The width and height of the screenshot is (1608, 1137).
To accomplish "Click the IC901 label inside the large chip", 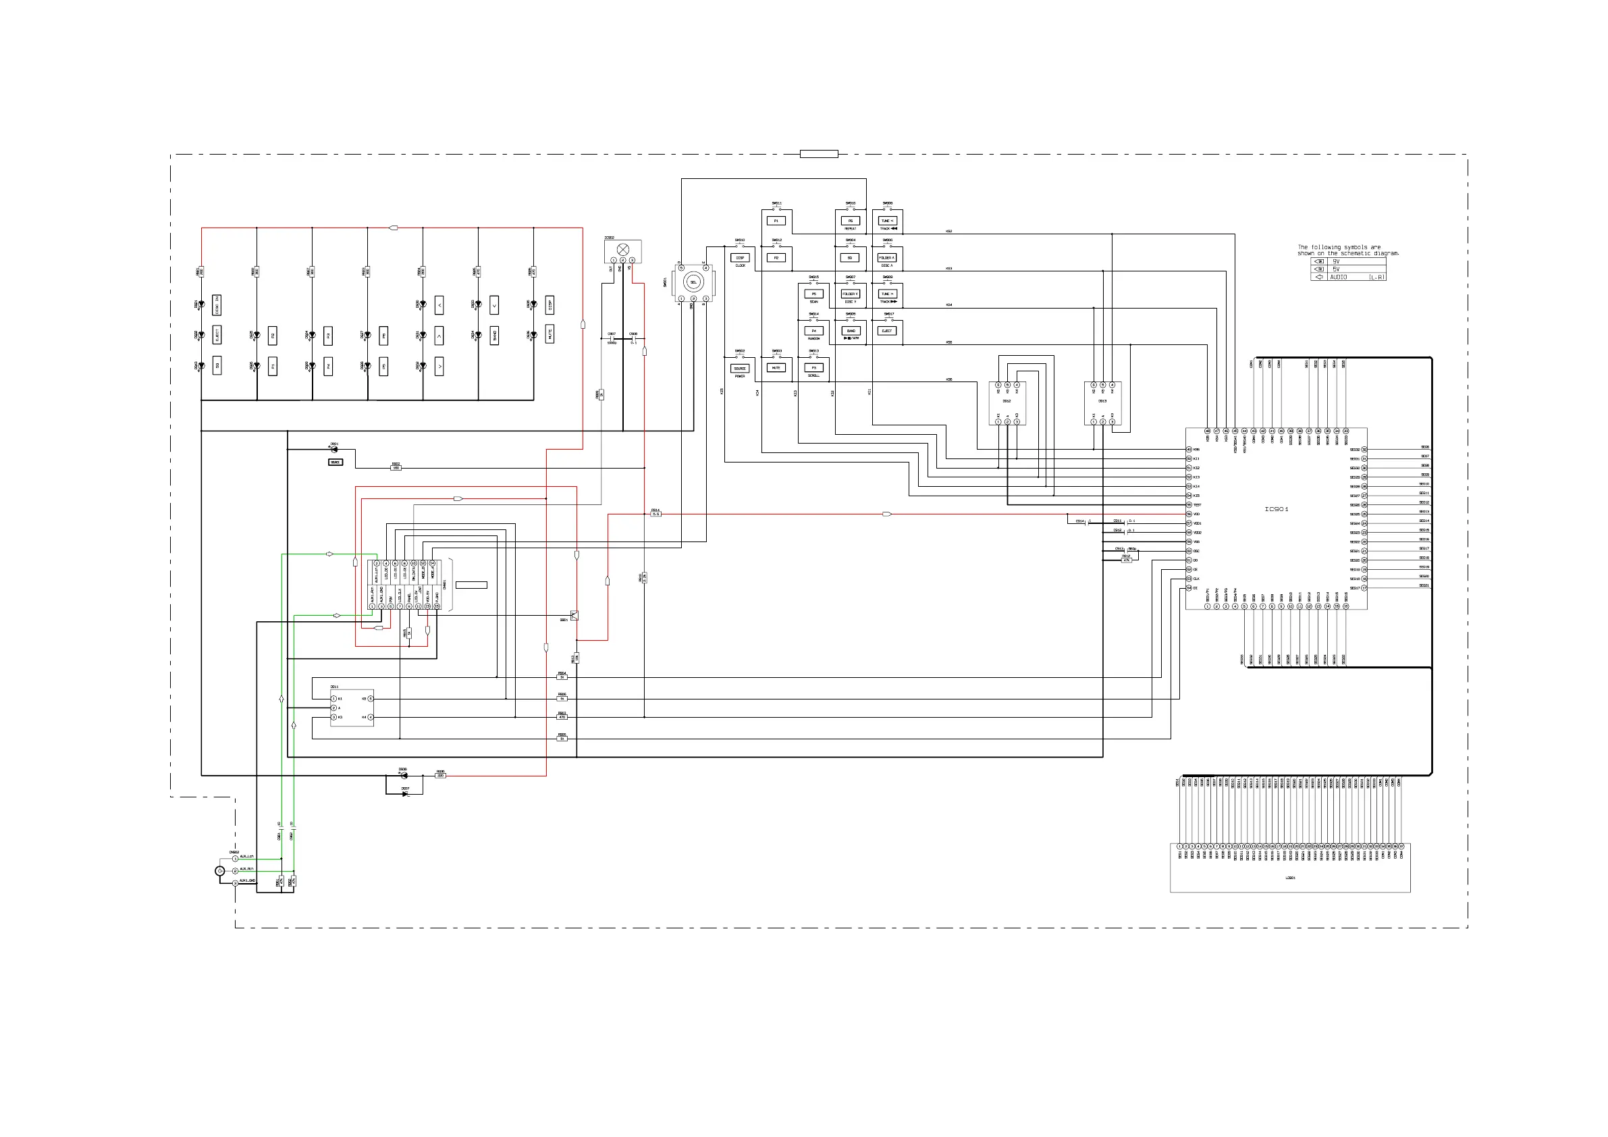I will [x=1276, y=509].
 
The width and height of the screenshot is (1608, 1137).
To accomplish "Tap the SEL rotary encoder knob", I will [x=693, y=282].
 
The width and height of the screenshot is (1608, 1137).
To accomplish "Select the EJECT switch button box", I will [x=886, y=331].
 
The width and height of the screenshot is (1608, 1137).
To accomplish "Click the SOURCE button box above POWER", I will [x=740, y=368].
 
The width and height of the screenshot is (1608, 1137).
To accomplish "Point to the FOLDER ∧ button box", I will [x=886, y=258].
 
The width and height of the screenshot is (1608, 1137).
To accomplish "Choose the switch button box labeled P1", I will [x=776, y=221].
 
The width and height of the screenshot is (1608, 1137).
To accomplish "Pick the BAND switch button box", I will [x=850, y=331].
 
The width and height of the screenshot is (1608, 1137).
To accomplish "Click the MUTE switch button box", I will [x=776, y=367].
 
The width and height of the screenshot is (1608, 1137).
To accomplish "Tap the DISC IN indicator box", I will [x=217, y=305].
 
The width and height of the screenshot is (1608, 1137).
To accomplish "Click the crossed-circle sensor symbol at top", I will [x=622, y=249].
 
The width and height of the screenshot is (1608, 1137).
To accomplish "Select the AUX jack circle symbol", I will [x=220, y=871].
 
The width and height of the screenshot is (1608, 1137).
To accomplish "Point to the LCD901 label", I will [x=1290, y=878].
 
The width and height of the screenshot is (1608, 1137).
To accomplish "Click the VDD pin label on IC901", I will [x=1197, y=514].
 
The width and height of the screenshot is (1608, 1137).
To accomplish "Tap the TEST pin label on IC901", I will [x=1198, y=505].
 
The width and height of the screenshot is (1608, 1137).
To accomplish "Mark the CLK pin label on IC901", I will [x=1197, y=579].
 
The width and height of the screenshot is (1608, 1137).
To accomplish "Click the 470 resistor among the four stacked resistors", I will [x=562, y=717].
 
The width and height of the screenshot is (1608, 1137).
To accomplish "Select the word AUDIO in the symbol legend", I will [x=1339, y=277].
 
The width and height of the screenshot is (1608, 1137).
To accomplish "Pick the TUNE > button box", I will [x=886, y=294].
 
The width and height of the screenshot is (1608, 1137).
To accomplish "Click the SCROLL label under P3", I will [x=814, y=376].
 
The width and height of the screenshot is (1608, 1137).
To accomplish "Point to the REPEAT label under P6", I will [x=850, y=229].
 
